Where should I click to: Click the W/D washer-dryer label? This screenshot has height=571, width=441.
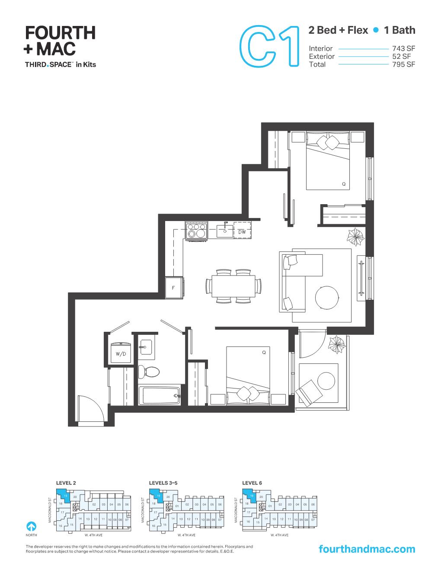click(121, 354)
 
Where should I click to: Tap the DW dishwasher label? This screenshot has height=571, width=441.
click(242, 232)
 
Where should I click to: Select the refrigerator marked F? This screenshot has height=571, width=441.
click(174, 288)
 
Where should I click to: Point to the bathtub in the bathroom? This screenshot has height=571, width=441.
click(159, 395)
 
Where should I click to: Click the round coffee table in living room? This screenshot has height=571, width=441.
click(330, 298)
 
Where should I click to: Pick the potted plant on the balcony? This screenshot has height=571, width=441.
click(336, 345)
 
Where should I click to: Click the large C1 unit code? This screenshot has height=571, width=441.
click(269, 46)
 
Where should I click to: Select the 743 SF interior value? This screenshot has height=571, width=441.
click(403, 48)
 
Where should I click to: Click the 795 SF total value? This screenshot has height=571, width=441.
click(403, 64)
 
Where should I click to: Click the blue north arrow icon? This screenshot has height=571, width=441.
click(31, 526)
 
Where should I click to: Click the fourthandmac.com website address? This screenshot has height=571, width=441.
click(366, 549)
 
